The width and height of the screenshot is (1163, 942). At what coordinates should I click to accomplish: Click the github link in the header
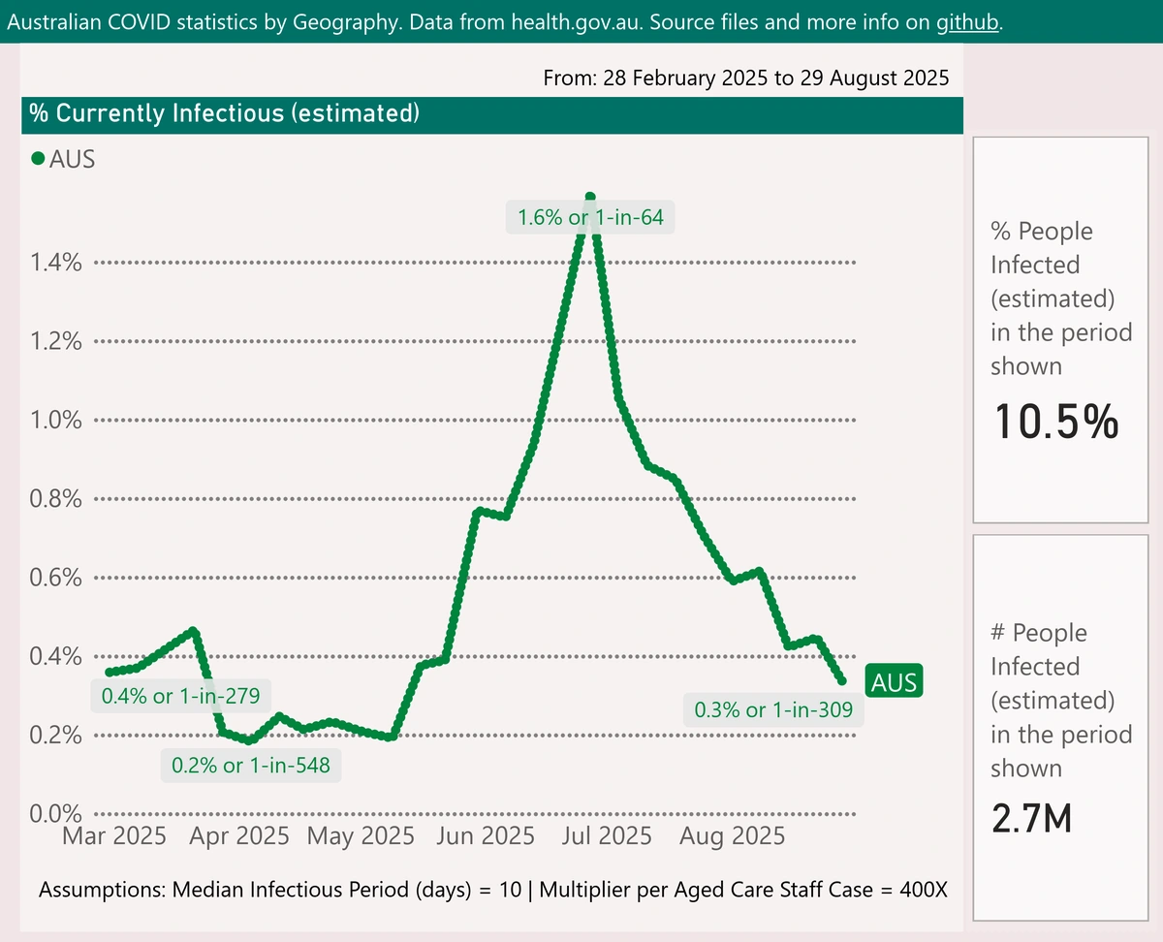(966, 22)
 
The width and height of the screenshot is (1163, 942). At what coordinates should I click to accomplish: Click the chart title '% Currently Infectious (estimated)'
(224, 114)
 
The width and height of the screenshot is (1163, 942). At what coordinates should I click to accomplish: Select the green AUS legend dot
(39, 159)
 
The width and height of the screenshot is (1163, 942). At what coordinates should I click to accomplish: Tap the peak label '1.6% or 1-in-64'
(590, 217)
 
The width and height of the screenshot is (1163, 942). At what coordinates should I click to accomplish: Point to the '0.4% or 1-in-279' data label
(180, 697)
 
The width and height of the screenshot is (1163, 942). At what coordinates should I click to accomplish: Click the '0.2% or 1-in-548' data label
(251, 766)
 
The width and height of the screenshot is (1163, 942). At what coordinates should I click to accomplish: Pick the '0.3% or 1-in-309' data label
(773, 710)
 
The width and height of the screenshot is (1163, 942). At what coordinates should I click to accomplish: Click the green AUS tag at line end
(894, 682)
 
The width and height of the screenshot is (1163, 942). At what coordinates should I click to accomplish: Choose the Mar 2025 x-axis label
(114, 835)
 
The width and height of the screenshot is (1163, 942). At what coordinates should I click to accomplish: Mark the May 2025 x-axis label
(361, 835)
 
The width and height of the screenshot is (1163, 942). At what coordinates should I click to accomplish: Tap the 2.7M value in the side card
(1031, 820)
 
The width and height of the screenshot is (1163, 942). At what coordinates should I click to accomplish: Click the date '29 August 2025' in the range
(874, 78)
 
